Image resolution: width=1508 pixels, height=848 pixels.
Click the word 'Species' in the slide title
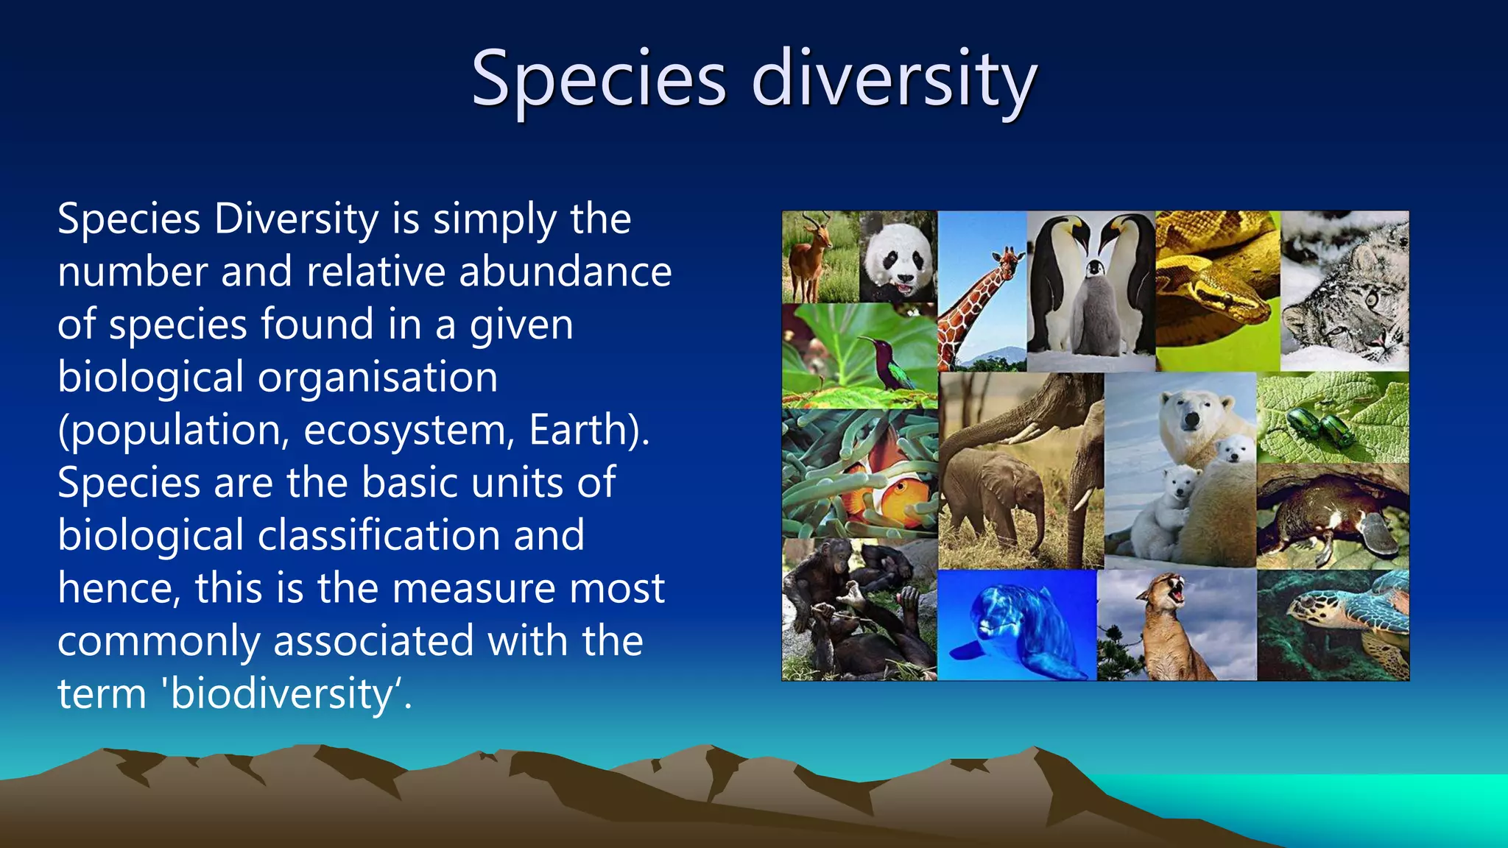click(598, 79)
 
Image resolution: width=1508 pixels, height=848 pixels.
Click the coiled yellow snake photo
click(1216, 291)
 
